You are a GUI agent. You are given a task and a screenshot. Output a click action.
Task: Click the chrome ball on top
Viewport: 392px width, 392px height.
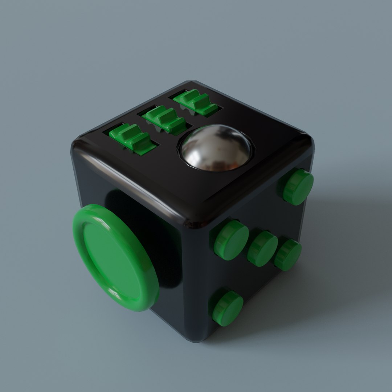tap(216, 147)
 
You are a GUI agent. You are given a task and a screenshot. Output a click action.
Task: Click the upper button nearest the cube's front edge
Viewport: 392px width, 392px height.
tap(231, 240)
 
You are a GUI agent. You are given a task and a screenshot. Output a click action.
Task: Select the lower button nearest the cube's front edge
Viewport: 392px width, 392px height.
tap(227, 307)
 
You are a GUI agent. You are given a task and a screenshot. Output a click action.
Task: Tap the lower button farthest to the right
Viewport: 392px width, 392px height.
tap(287, 255)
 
